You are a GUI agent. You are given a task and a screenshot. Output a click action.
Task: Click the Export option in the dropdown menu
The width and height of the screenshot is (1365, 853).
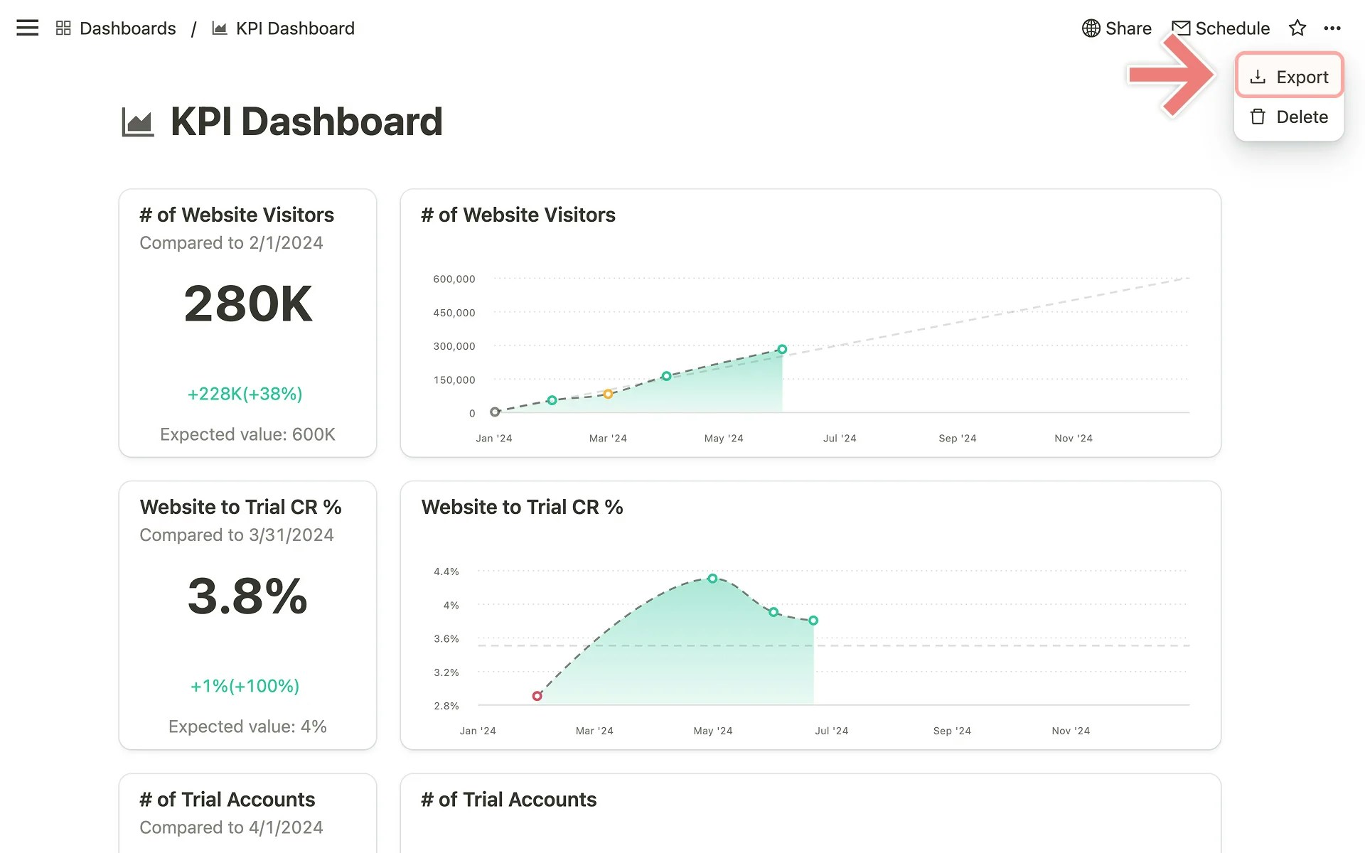tap(1289, 76)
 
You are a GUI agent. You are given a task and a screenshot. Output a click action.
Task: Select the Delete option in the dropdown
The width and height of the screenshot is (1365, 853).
tap(1289, 117)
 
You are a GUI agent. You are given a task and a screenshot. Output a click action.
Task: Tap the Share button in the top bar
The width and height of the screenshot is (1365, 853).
tap(1117, 28)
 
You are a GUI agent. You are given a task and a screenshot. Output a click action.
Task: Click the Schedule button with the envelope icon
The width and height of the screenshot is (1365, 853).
tap(1221, 28)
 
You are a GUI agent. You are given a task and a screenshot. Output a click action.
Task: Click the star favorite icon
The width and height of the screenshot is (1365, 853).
tap(1297, 28)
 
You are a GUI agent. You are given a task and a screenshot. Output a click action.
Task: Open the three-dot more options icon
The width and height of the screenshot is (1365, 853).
tap(1332, 28)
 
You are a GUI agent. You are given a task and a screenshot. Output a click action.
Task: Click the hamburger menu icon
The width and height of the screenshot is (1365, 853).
tap(27, 28)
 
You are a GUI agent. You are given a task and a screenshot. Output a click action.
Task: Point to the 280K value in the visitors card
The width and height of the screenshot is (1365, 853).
tap(248, 304)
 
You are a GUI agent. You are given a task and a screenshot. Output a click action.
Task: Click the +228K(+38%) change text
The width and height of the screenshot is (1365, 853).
tap(245, 394)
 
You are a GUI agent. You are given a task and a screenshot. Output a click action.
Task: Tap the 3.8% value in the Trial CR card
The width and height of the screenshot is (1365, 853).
tap(247, 596)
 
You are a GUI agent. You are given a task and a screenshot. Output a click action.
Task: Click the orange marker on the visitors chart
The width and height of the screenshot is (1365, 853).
tap(608, 394)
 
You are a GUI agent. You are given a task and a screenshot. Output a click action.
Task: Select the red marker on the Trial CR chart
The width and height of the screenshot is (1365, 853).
tap(537, 696)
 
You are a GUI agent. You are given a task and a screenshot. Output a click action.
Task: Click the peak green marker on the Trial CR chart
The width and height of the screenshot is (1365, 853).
tap(712, 579)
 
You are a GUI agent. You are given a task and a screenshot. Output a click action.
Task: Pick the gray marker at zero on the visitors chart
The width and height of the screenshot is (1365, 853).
tap(495, 412)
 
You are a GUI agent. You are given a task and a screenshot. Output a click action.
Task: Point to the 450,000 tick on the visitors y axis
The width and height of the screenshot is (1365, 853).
tap(454, 313)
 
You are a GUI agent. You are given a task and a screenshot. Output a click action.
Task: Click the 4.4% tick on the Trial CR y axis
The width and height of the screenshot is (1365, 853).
tap(446, 572)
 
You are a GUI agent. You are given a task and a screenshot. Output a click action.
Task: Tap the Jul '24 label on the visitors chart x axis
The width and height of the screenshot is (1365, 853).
tap(840, 439)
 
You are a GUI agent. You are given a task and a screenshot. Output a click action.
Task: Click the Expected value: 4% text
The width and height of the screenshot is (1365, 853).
tap(247, 726)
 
